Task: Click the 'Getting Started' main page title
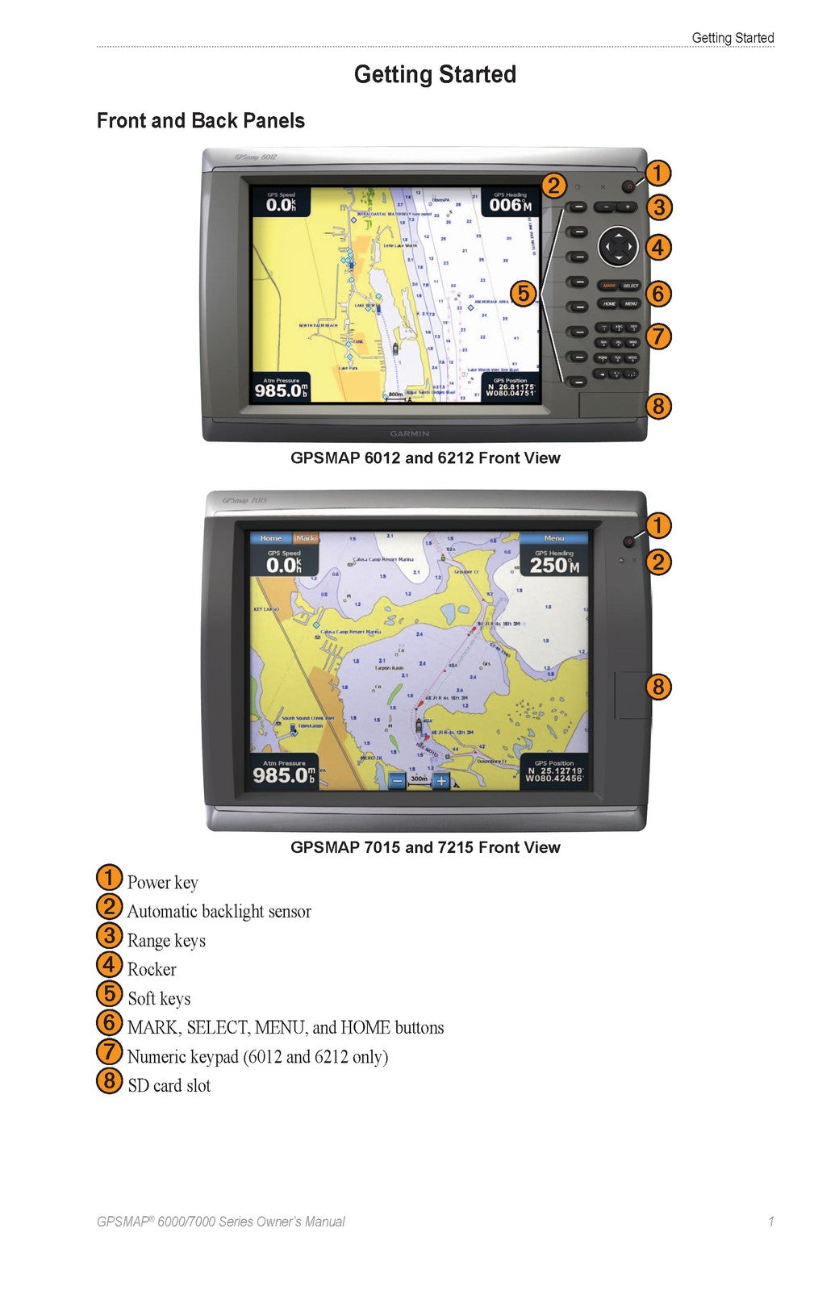click(435, 74)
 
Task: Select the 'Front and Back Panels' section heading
click(200, 121)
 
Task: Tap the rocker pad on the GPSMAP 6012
click(617, 246)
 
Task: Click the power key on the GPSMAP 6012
click(628, 186)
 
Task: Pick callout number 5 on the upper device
click(523, 293)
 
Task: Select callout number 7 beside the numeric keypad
click(658, 336)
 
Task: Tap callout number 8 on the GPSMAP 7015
click(658, 687)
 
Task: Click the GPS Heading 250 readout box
click(554, 562)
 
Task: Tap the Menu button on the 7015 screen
click(554, 538)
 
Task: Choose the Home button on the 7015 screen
click(271, 538)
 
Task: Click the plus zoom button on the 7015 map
click(440, 780)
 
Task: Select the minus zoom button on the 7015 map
click(396, 780)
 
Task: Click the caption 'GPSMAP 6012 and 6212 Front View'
click(425, 458)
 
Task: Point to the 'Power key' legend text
click(162, 883)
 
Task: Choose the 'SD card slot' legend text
click(169, 1086)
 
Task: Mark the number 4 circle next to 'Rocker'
click(109, 964)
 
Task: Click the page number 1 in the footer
click(770, 1222)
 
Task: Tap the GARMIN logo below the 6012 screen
click(410, 433)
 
